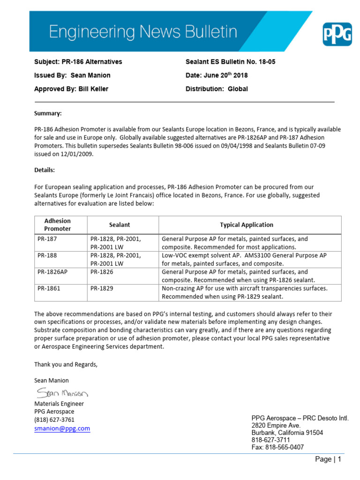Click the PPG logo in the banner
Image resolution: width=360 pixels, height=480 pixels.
coord(337,34)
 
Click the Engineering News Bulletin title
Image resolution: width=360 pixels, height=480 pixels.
coord(143,32)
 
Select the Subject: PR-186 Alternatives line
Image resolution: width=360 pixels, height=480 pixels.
coord(78,62)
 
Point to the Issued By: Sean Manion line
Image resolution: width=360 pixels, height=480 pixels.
coord(72,75)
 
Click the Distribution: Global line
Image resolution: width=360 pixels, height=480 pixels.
coord(217,89)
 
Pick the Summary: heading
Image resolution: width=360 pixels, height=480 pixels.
coord(48,113)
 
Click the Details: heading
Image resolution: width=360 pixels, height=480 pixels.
coord(45,169)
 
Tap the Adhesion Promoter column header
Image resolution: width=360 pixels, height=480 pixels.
coord(58,225)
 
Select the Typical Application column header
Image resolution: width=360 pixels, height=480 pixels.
coord(247,225)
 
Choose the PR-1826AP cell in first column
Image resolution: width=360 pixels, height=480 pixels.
coord(52,272)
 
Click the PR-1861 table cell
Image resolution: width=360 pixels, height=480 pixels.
coord(49,288)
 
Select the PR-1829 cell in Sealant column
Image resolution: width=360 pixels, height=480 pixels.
coord(102,288)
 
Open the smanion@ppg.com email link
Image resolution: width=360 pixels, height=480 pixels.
coord(62,428)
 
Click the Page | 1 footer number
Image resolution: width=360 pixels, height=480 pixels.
coord(328,460)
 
